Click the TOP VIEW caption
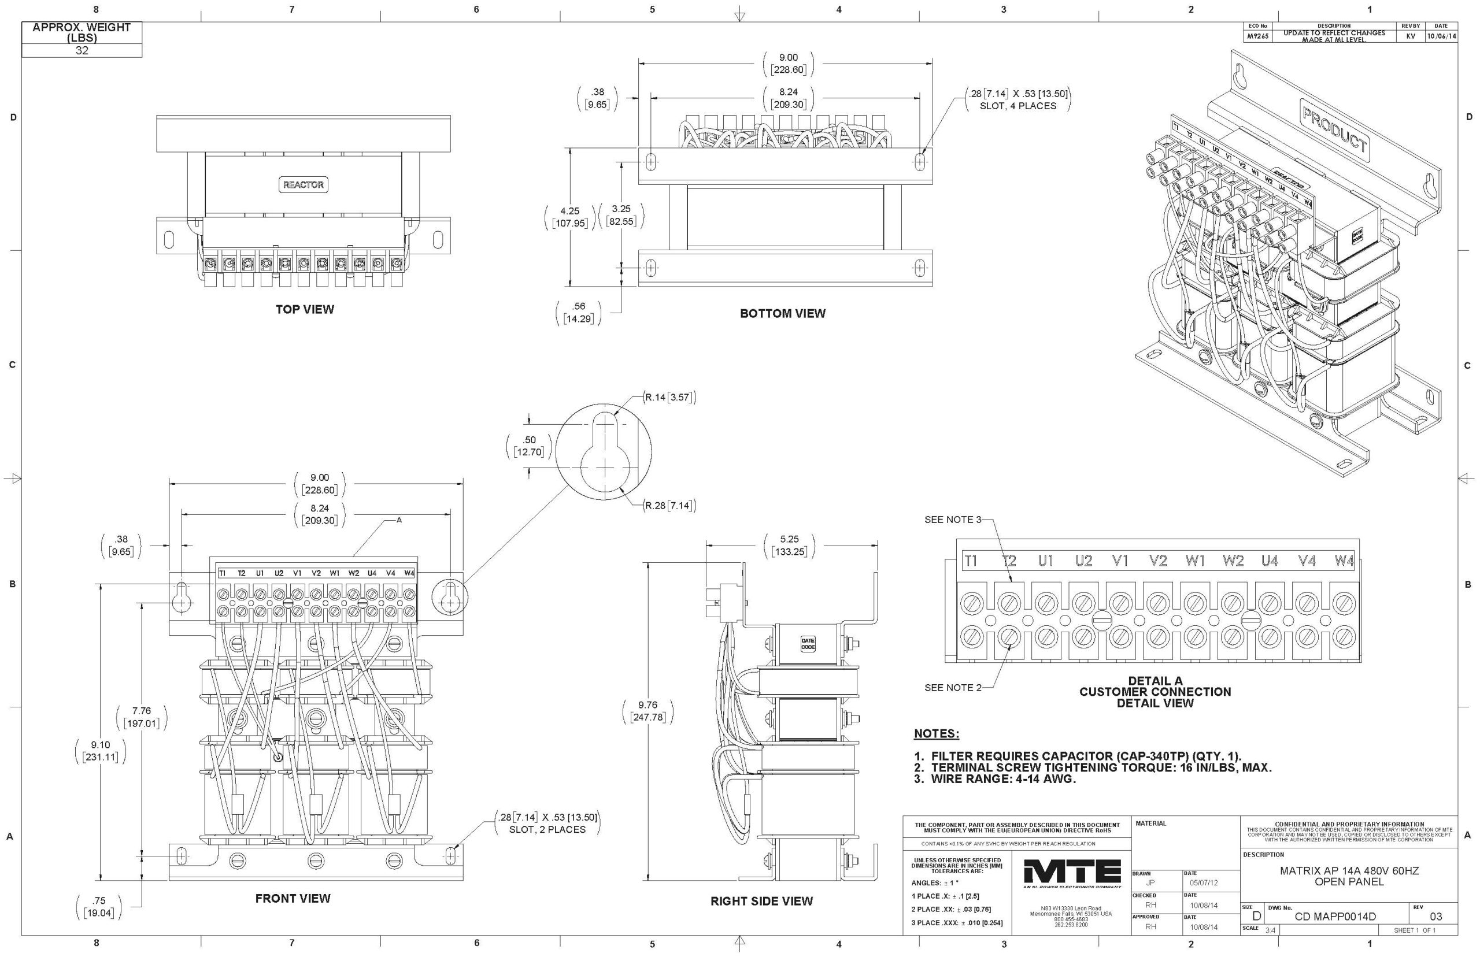(305, 310)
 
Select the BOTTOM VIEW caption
(783, 314)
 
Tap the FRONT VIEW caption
(293, 899)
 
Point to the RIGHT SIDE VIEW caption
(761, 901)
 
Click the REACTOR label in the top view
(304, 184)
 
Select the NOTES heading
(936, 734)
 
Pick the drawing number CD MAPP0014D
(1335, 917)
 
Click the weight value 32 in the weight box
(82, 51)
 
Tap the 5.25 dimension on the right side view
(789, 539)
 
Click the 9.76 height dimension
(647, 705)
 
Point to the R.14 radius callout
(669, 398)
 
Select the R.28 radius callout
(669, 506)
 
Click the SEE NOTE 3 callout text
(952, 520)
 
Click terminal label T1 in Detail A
(971, 561)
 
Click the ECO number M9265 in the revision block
(1257, 36)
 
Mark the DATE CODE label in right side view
(808, 644)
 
